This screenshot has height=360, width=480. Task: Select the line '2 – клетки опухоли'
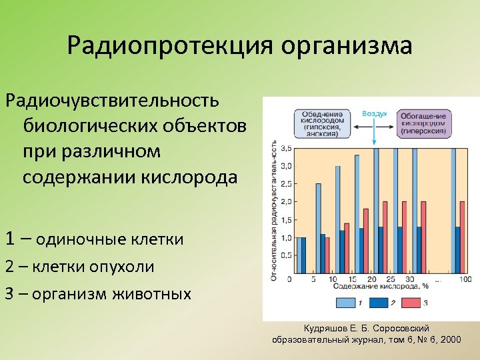(79, 267)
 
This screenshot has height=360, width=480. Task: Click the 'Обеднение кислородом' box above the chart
(325, 123)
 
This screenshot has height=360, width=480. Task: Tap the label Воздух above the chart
(374, 114)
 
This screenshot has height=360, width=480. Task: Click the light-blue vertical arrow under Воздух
(375, 132)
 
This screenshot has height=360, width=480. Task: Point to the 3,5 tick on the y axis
(287, 148)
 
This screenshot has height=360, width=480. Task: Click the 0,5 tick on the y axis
(287, 255)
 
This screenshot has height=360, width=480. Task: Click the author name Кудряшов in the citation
(327, 329)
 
